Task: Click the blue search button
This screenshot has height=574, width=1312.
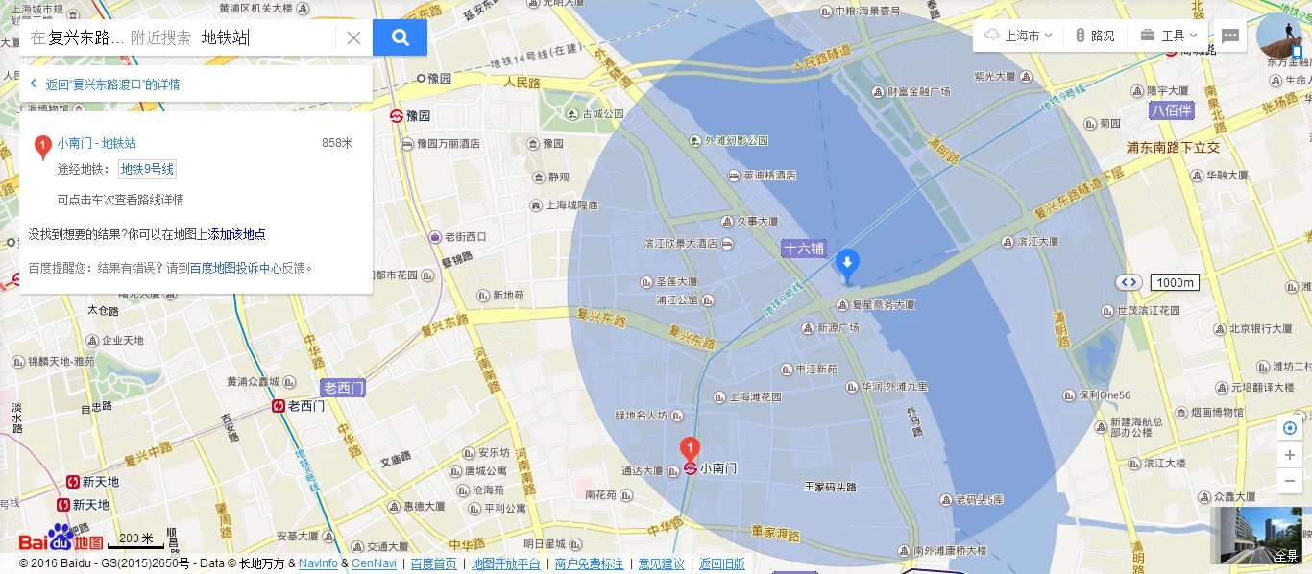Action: pos(400,37)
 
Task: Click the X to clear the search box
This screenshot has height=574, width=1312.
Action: pos(353,37)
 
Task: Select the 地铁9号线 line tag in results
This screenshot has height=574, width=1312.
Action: pos(147,170)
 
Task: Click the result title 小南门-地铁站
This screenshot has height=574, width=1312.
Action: pos(96,143)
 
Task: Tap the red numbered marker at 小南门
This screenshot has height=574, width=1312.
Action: pos(689,447)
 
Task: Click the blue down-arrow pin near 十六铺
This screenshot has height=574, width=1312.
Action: pos(847,264)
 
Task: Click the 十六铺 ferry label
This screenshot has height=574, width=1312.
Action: pos(804,248)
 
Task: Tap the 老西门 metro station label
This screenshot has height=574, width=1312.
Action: pos(343,388)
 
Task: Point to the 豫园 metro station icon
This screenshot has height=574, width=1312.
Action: pos(396,115)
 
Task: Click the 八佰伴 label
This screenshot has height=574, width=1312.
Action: pos(1172,110)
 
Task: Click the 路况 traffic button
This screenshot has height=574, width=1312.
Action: pos(1095,36)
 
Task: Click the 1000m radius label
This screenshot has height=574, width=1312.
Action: pos(1176,282)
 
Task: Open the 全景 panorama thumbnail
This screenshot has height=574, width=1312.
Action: pos(1259,535)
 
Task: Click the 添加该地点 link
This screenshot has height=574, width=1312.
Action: pos(237,234)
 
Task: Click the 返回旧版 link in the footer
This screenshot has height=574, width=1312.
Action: pos(721,563)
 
